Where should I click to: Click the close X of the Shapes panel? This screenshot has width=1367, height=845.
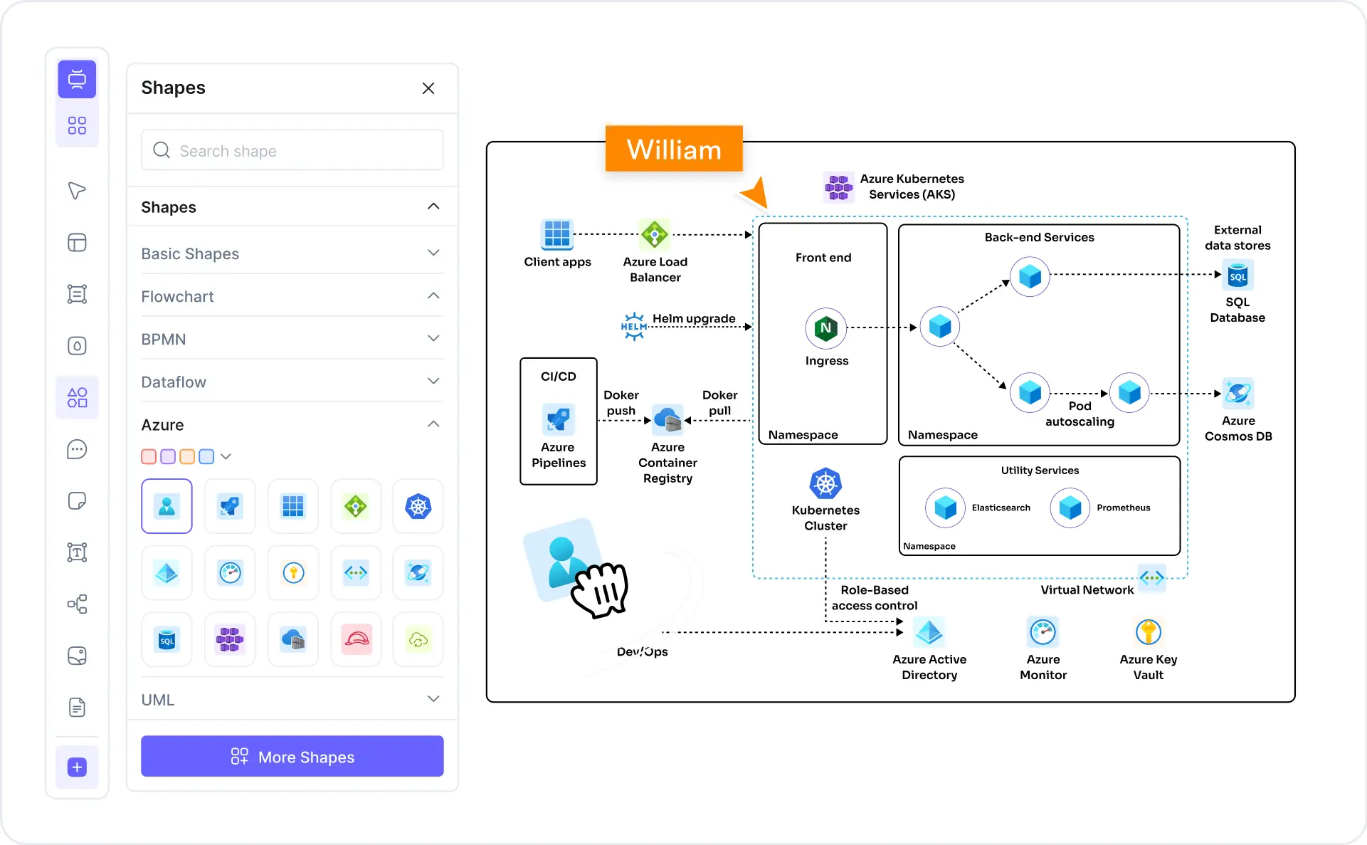point(428,88)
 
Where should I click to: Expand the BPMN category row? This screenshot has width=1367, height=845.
point(292,339)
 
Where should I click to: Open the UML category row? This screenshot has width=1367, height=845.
point(292,699)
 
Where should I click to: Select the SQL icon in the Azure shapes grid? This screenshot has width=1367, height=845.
point(167,639)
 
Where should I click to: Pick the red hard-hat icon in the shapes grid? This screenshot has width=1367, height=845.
point(356,639)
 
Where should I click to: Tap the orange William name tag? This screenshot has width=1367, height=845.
point(673,149)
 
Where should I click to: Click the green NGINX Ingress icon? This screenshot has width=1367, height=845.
point(825,328)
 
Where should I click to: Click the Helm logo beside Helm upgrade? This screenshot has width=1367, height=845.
point(633,326)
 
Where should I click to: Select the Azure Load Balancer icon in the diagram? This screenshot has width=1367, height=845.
point(654,234)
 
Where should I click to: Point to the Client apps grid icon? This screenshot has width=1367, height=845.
point(557,234)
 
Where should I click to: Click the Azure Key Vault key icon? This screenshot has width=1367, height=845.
point(1148,631)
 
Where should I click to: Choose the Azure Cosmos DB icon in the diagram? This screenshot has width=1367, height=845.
point(1237,393)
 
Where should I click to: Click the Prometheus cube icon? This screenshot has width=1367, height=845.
point(1070,508)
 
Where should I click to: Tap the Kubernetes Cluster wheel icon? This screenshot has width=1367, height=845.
point(825,484)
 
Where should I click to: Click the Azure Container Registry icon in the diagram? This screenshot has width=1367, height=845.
point(667,420)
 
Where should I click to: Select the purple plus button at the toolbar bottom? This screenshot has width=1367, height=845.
point(77,767)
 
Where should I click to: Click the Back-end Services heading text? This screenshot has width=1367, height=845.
point(1039,237)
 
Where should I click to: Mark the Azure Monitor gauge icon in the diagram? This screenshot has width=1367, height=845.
point(1043,631)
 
